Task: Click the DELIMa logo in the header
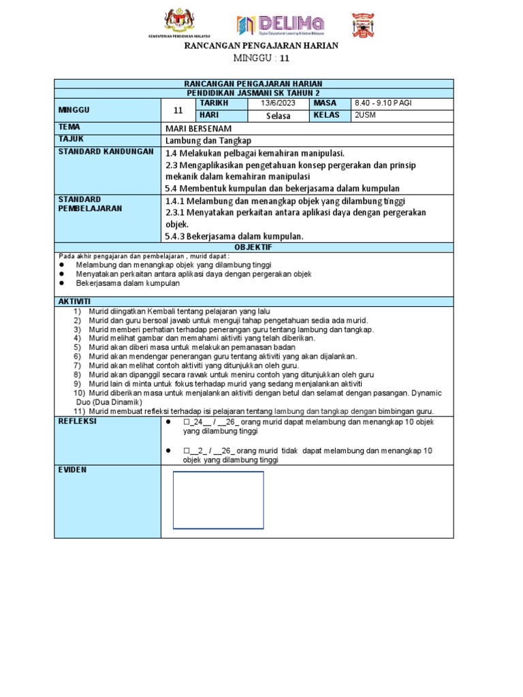[x=280, y=25]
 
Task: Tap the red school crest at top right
[x=362, y=25]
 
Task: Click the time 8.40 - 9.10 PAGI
[x=383, y=103]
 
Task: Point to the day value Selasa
[x=277, y=116]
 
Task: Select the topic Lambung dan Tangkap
[x=204, y=140]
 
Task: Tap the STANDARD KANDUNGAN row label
[x=106, y=151]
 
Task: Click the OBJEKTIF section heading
[x=253, y=247]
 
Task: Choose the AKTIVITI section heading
[x=75, y=301]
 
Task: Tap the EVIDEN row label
[x=74, y=470]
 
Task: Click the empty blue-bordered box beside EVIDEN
[x=218, y=500]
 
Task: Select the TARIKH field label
[x=212, y=103]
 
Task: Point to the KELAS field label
[x=326, y=115]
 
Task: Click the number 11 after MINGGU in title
[x=275, y=59]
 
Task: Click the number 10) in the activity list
[x=79, y=393]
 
